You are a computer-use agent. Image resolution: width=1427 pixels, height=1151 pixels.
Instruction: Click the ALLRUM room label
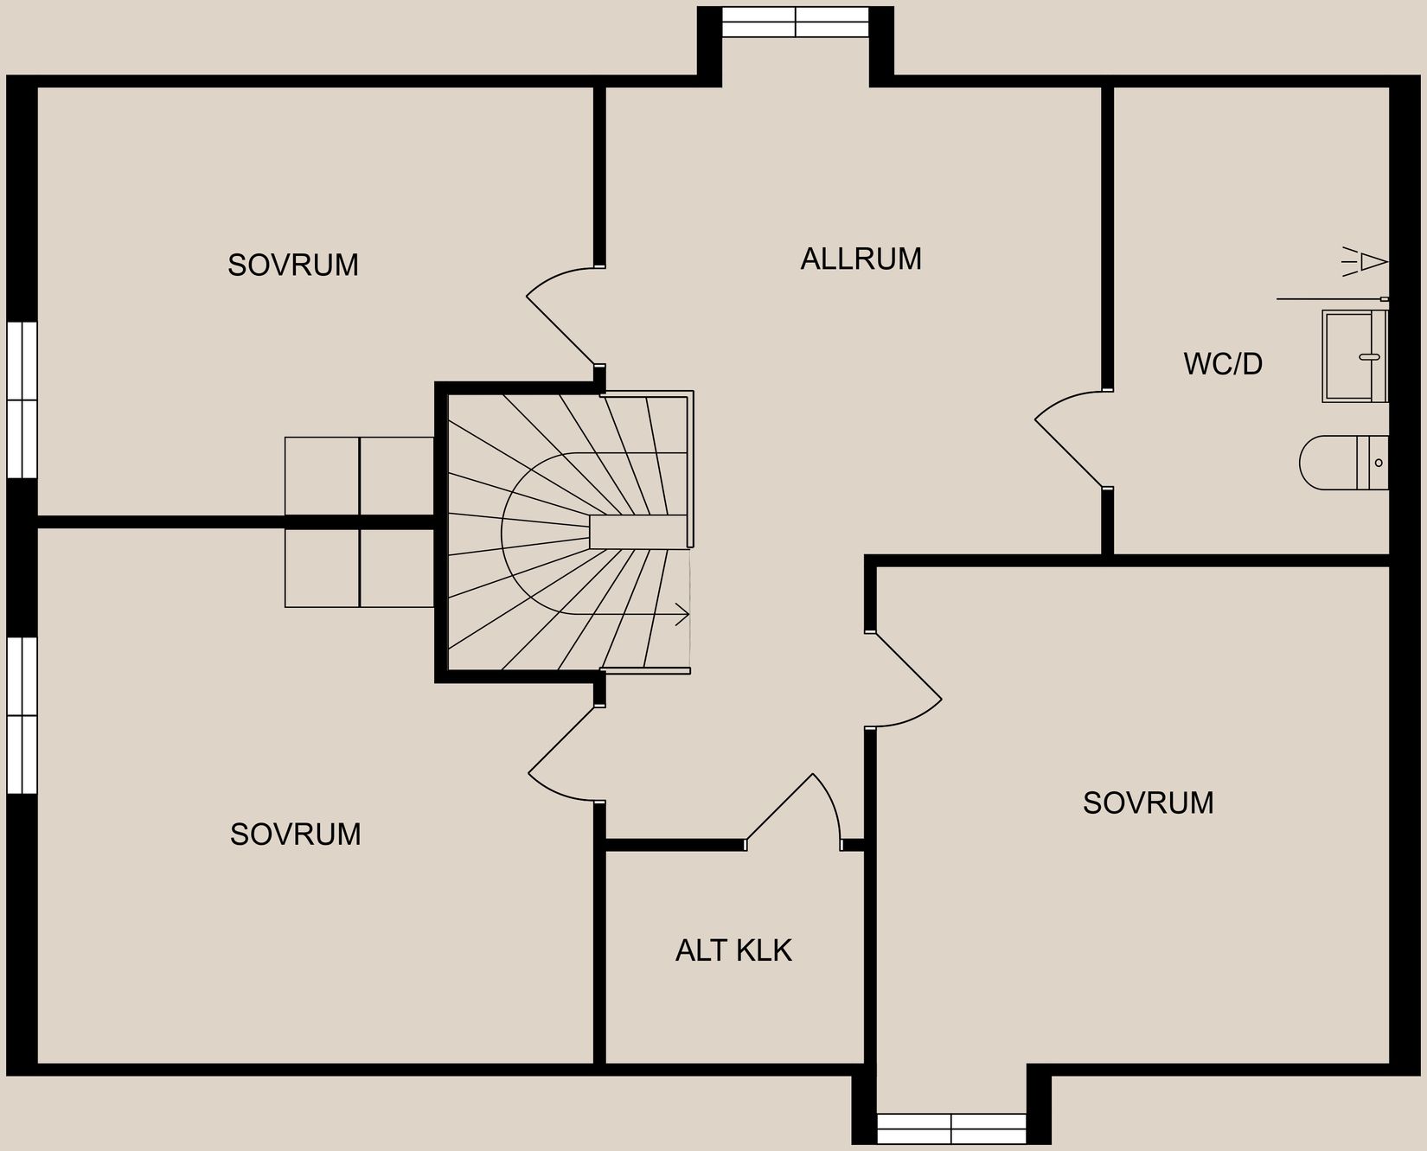point(861,259)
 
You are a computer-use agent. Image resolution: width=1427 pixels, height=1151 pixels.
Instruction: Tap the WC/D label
point(1223,364)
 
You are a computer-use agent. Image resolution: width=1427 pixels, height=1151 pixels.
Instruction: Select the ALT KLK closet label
point(733,950)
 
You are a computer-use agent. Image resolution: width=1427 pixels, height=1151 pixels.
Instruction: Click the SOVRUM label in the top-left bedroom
point(293,265)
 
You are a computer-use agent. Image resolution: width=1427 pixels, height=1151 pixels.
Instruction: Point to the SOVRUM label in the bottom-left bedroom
point(295,834)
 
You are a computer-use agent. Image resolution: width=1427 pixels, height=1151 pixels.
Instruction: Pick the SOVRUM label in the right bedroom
point(1148,803)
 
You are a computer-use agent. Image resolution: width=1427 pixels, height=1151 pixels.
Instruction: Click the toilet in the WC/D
point(1343,463)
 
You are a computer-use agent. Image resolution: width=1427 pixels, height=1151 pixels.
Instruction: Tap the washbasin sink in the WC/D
point(1353,356)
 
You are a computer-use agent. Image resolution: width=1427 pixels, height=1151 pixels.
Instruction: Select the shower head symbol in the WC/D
point(1366,261)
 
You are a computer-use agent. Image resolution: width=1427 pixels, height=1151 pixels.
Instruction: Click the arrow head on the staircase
point(683,616)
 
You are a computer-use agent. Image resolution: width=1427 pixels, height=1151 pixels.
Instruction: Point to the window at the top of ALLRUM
point(795,22)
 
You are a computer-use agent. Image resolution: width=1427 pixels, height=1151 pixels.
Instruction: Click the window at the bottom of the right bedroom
point(951,1129)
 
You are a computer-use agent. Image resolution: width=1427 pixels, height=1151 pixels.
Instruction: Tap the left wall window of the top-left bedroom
point(22,400)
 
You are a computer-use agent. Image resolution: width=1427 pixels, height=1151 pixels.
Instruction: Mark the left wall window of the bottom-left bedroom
point(22,715)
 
